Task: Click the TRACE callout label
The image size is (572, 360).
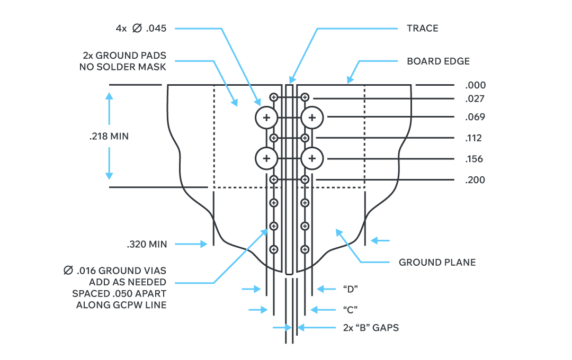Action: tap(422, 28)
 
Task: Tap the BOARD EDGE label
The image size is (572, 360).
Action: tap(438, 61)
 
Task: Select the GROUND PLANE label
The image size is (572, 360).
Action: tap(437, 262)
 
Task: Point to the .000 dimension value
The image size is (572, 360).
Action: tap(475, 85)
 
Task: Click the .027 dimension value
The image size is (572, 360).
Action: tap(475, 98)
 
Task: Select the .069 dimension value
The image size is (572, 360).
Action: tap(475, 117)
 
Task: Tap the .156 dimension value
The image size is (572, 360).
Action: tap(475, 159)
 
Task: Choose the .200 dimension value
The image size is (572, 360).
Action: tap(475, 180)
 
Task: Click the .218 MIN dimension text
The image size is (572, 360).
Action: tap(109, 136)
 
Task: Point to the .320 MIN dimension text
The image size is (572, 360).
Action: tap(147, 244)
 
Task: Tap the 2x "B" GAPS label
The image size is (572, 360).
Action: tap(370, 328)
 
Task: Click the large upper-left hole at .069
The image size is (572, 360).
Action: tap(266, 118)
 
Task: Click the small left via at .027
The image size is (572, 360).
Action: tap(274, 97)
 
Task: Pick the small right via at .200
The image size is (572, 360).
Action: tap(305, 179)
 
